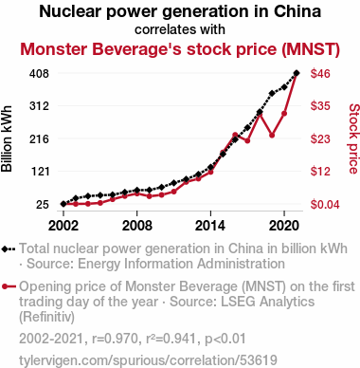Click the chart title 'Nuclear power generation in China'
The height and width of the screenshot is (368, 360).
click(180, 11)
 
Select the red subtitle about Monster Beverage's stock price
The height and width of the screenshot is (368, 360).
click(180, 49)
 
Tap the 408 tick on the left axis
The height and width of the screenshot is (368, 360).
click(40, 74)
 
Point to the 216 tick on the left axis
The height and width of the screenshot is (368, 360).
click(40, 138)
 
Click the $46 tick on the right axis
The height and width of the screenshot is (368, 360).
click(320, 74)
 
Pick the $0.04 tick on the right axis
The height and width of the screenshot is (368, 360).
click(320, 205)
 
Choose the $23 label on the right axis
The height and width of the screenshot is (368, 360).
click(320, 138)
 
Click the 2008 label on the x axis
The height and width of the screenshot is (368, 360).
click(136, 226)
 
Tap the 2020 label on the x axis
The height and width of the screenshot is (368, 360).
click(284, 226)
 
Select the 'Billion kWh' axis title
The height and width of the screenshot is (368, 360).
click(7, 138)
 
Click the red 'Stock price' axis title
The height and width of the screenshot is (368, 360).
click(354, 138)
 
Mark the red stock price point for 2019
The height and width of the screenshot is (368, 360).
click(272, 136)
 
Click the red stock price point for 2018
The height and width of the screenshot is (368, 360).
click(260, 114)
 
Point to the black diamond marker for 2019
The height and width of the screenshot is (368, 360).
click(272, 93)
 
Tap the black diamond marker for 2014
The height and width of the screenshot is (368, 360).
click(210, 167)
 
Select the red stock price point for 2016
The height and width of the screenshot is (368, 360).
click(235, 135)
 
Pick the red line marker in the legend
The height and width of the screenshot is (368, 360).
click(9, 286)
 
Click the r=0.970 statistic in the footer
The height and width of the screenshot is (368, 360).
click(116, 339)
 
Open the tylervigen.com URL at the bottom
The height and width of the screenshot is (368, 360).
click(148, 360)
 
